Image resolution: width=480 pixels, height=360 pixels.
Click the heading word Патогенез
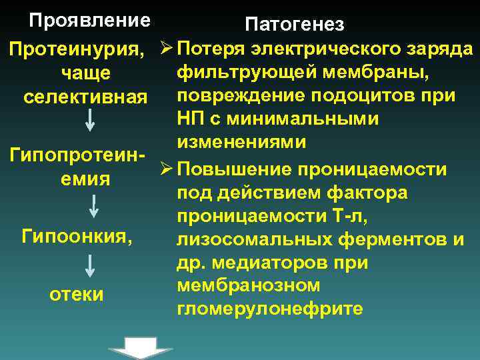pos(295,25)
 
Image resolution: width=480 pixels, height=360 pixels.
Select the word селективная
pos(84,97)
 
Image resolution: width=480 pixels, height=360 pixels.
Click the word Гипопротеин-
pos(78,155)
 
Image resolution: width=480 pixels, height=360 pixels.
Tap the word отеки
pos(77,294)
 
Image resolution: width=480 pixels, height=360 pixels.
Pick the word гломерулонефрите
pos(269,309)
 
